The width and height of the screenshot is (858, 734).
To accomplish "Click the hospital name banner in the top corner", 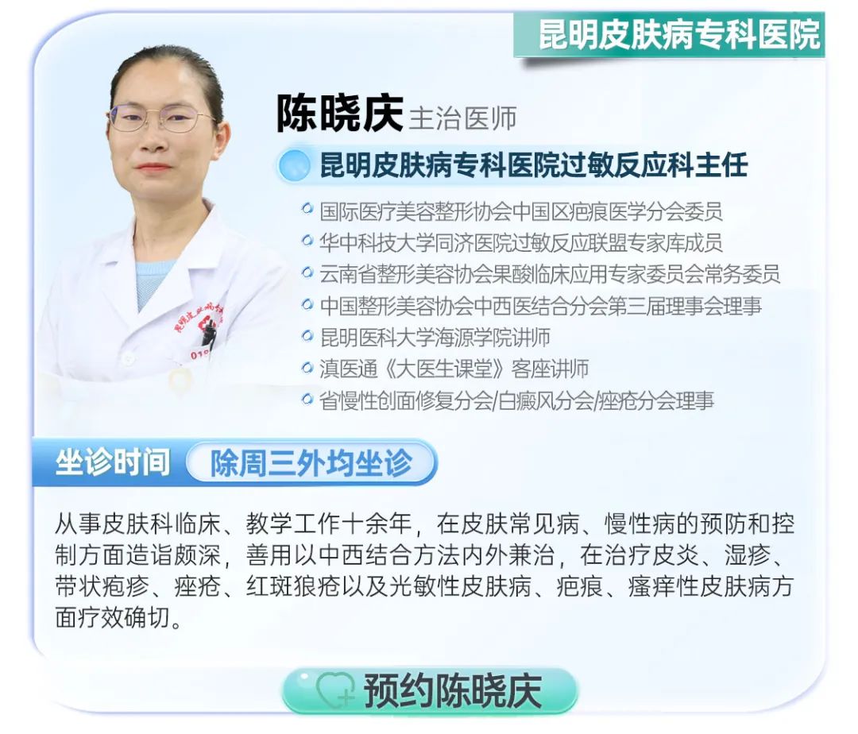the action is coord(669,34).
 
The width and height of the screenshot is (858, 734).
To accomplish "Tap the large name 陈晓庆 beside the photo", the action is coord(339,114).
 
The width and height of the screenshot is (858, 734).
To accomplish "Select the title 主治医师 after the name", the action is coord(463,118).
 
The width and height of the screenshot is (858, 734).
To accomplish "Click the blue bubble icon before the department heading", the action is coord(294,165).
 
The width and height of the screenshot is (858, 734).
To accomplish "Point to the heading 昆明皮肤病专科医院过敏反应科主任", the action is coord(534,165).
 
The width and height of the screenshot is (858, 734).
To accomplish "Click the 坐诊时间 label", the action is coord(112,462).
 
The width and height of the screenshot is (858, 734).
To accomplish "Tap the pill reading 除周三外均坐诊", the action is coord(311,463).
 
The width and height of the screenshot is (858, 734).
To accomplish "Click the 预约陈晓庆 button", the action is coord(430,691).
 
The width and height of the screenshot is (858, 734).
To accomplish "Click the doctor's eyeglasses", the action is coord(159,118).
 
